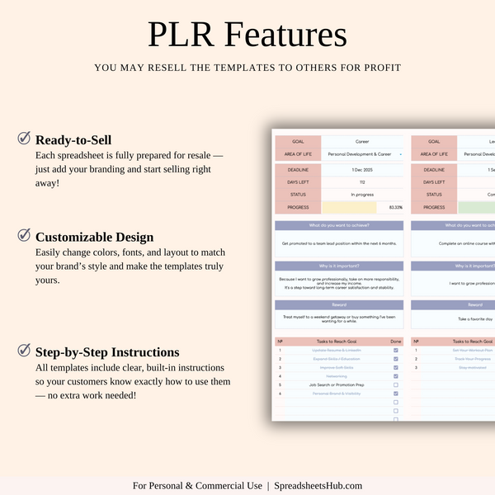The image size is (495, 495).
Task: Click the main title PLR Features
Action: point(247,35)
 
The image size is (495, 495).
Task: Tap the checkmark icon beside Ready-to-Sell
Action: point(25,139)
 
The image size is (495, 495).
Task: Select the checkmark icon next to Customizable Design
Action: point(25,235)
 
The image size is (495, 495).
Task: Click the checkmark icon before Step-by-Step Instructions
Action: point(25,351)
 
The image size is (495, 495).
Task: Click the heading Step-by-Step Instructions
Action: point(107,352)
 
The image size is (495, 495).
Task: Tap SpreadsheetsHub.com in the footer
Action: point(318,486)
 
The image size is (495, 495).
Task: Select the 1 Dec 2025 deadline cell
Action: point(362,169)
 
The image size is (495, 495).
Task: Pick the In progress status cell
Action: point(362,195)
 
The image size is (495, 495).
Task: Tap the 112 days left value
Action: point(362,181)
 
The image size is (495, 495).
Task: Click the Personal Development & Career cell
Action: point(362,153)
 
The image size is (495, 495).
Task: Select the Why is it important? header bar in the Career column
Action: point(338,266)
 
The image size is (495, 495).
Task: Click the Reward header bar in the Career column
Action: point(338,304)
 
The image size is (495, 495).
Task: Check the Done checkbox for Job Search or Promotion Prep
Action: point(396,384)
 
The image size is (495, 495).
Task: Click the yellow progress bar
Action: point(349,207)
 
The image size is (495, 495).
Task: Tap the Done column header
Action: point(396,342)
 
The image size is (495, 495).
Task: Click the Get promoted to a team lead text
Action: point(338,243)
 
